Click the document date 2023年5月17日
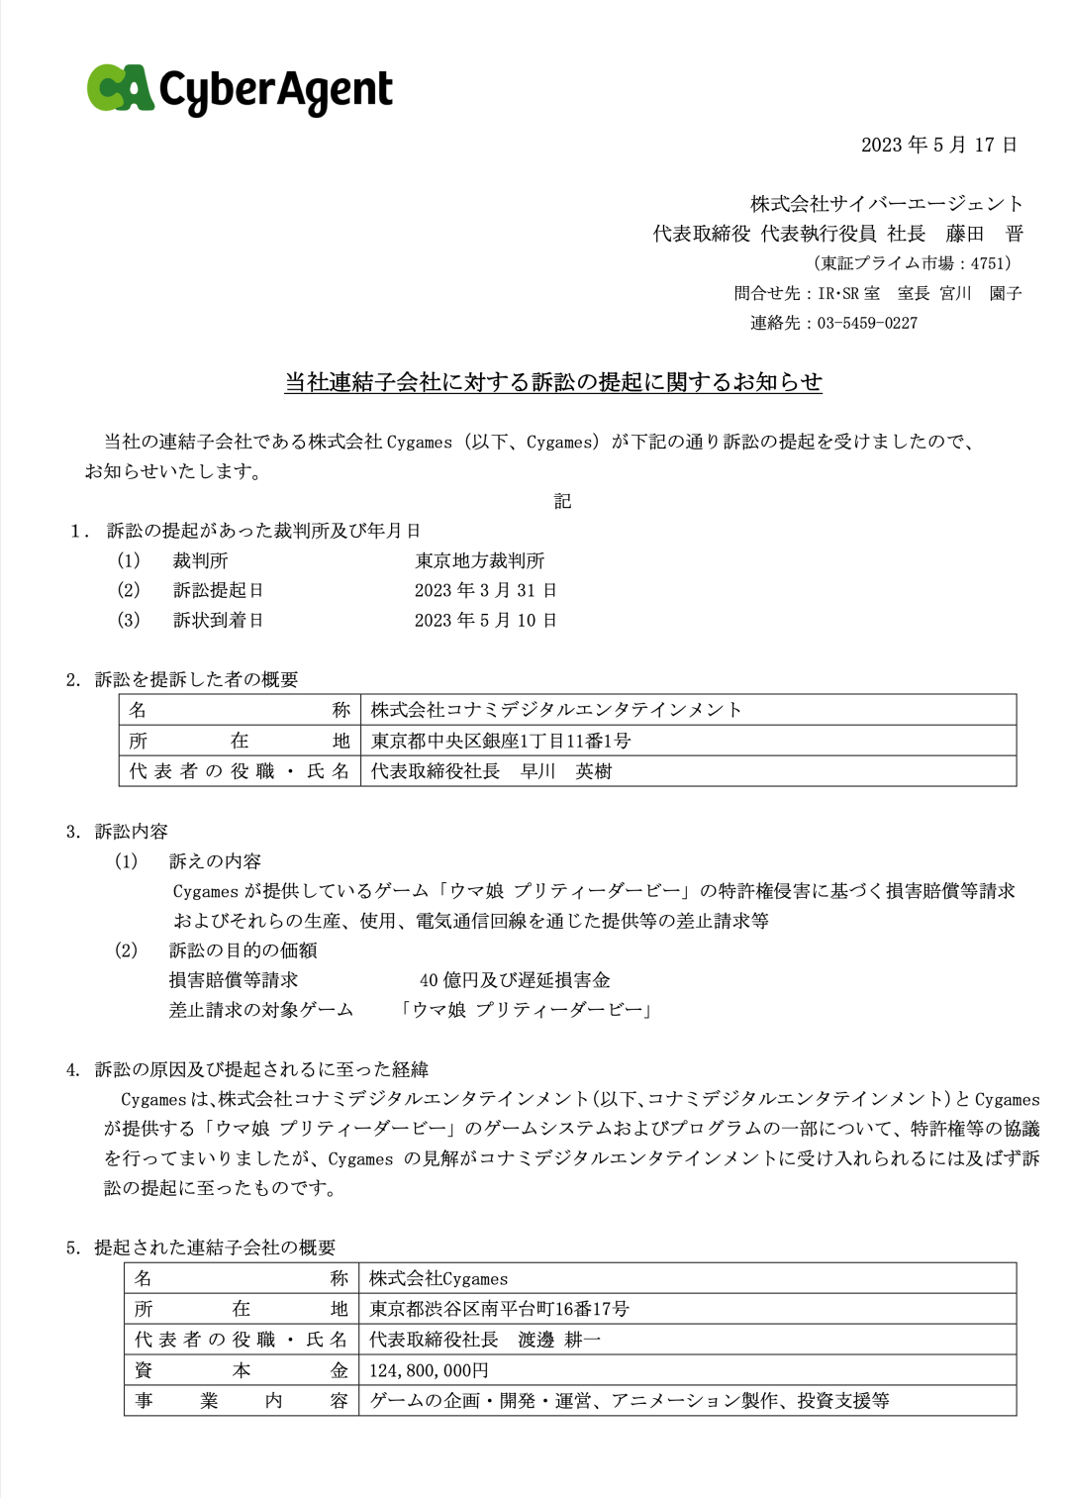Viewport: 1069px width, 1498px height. (x=938, y=145)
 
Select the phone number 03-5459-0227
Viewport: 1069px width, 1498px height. (x=867, y=323)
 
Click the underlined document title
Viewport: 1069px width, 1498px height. (x=553, y=382)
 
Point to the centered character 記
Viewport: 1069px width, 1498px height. (x=562, y=501)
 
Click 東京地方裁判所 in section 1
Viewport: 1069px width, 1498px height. (x=480, y=560)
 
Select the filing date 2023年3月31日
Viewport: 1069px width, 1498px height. (x=485, y=590)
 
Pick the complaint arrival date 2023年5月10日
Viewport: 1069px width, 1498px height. (x=485, y=620)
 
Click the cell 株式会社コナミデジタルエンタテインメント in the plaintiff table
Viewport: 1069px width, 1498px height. (x=556, y=710)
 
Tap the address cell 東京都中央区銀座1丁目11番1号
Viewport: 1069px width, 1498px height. (x=501, y=741)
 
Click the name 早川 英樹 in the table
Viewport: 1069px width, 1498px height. (x=566, y=771)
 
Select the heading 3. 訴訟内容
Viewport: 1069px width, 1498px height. (x=117, y=831)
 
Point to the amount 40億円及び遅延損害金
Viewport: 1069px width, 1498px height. (x=515, y=980)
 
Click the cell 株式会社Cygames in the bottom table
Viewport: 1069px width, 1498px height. (x=438, y=1278)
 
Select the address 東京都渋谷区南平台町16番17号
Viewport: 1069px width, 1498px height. (x=499, y=1309)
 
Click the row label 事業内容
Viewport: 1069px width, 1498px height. (x=241, y=1400)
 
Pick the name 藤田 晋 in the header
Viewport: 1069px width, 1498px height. (x=984, y=234)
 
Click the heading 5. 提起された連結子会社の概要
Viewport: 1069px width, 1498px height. (x=201, y=1248)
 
